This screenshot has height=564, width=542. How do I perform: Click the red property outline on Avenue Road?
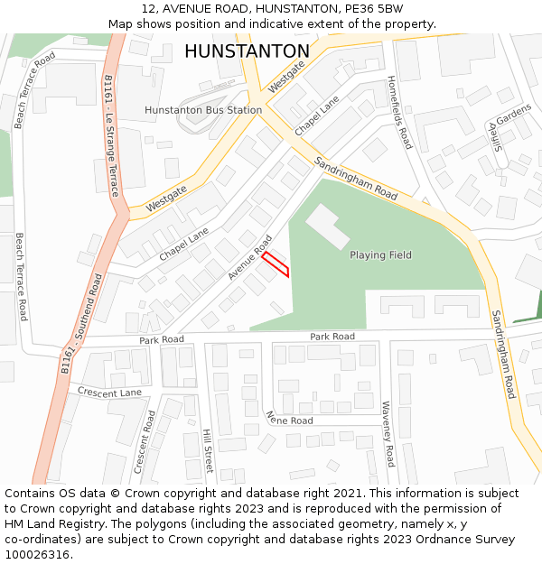[276, 264]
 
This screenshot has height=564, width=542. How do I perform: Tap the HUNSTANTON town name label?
[247, 51]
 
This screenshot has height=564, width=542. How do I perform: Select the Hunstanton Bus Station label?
[203, 110]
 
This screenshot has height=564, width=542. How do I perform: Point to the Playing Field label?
[380, 255]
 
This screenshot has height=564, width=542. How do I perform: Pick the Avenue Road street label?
[249, 257]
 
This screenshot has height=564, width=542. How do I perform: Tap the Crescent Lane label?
[109, 393]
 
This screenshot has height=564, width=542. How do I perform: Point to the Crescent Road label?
[145, 442]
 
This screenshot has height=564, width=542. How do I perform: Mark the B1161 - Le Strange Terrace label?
[110, 136]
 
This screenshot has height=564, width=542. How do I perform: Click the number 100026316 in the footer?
[37, 554]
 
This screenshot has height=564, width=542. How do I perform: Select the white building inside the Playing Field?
[327, 227]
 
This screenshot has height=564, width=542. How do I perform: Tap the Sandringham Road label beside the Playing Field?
[356, 178]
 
